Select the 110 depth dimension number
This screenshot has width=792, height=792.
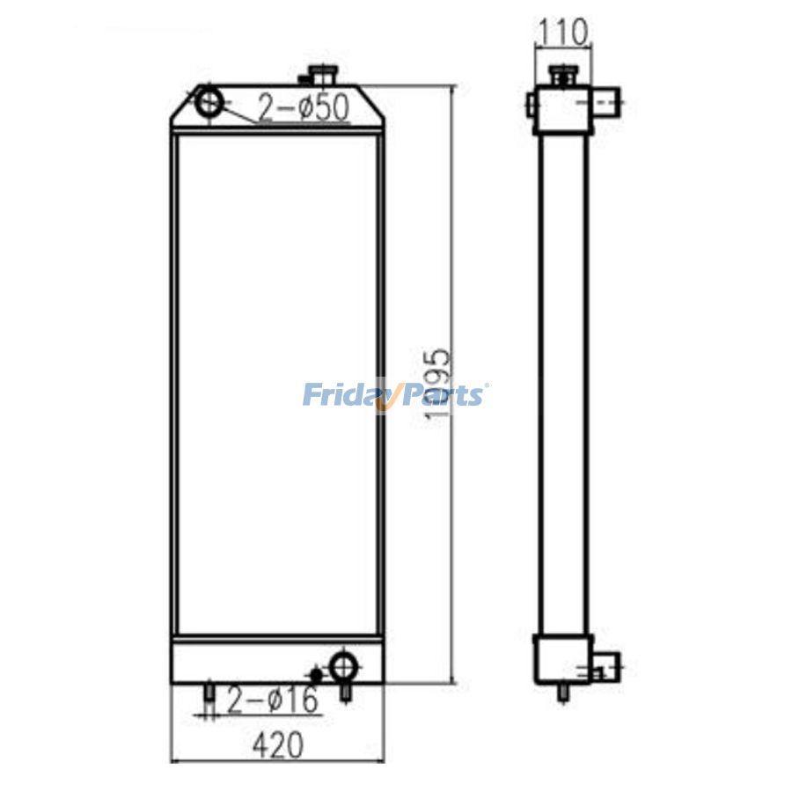(x=561, y=33)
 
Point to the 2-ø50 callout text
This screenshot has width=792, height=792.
(x=304, y=107)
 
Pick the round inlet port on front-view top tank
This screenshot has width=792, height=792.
(x=209, y=102)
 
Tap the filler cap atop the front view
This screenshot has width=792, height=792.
(x=319, y=75)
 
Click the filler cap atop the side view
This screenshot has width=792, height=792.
(x=561, y=74)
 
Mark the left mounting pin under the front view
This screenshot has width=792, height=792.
(x=209, y=694)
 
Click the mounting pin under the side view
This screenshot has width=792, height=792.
(x=561, y=693)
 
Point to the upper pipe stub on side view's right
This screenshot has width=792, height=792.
(x=605, y=105)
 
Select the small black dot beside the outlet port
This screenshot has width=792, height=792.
(x=317, y=674)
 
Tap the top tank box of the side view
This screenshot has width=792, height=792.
(x=561, y=111)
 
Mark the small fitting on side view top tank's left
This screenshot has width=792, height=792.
(x=530, y=105)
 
